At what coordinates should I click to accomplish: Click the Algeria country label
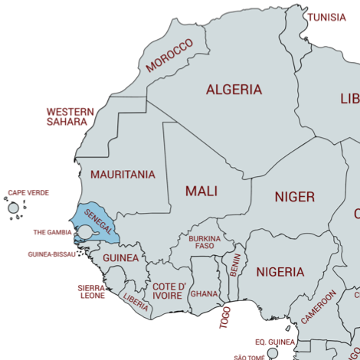click(234, 90)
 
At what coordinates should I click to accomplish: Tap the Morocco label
click(169, 57)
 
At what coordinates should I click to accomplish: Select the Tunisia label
click(327, 17)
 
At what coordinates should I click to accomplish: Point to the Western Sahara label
click(70, 116)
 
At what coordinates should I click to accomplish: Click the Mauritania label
click(123, 175)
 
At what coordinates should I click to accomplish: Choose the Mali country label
click(201, 191)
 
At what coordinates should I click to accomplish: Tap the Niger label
click(294, 198)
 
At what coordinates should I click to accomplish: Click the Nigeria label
click(280, 272)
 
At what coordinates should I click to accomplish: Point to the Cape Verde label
click(28, 193)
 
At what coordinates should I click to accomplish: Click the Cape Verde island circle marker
click(13, 208)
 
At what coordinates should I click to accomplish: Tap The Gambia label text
click(52, 232)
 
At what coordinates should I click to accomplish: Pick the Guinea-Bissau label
click(51, 254)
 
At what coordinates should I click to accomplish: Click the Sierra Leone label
click(92, 292)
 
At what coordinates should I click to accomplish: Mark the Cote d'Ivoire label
click(167, 291)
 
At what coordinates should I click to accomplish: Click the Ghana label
click(204, 293)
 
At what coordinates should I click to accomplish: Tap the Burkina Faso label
click(205, 243)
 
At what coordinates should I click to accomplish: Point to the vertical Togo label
click(225, 317)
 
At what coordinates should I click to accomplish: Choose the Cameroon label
click(319, 307)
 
